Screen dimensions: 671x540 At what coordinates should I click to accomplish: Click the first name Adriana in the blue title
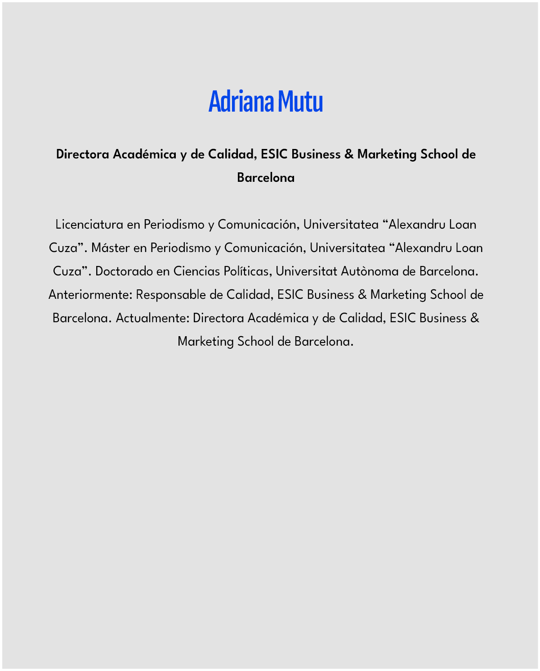pyautogui.click(x=241, y=102)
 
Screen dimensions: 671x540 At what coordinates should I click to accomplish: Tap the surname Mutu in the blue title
pyautogui.click(x=300, y=102)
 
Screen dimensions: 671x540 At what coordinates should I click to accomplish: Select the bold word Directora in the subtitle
pyautogui.click(x=83, y=154)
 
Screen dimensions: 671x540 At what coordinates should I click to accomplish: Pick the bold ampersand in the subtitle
pyautogui.click(x=349, y=154)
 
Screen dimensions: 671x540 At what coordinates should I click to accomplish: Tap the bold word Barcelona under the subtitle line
pyautogui.click(x=266, y=178)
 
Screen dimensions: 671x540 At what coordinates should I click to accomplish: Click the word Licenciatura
pyautogui.click(x=89, y=224)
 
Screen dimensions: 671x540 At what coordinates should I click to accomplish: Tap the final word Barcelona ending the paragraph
pyautogui.click(x=323, y=341)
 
